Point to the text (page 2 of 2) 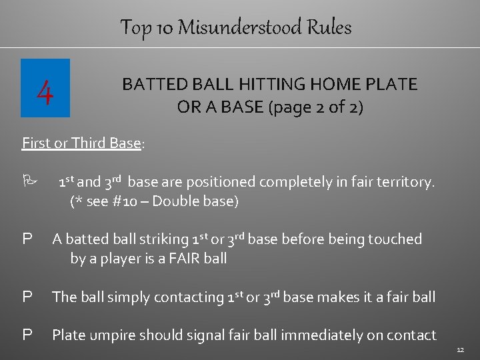[315, 107]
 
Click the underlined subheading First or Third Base [81, 143]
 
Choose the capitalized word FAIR [183, 257]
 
